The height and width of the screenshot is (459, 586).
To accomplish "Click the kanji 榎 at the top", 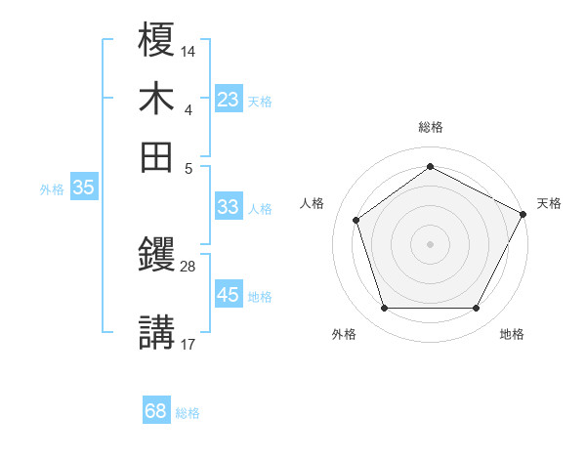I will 157,41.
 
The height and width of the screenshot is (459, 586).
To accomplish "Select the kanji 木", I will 157,99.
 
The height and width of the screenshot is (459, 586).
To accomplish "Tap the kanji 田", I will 157,156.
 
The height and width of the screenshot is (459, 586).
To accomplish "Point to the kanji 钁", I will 157,256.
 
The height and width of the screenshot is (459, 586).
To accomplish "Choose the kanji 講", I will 157,332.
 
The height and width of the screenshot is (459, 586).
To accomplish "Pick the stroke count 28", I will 188,266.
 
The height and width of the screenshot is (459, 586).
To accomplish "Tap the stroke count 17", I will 188,343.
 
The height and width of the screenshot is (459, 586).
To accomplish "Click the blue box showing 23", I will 228,100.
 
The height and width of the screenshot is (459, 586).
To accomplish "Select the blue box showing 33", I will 228,207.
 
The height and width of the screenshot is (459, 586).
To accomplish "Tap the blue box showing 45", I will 228,295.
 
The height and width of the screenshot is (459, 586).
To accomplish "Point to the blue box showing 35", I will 83,188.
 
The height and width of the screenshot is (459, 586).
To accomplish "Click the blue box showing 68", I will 155,411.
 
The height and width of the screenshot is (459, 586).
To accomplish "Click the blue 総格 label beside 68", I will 188,413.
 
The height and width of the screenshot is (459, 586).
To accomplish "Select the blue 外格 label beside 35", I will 52,189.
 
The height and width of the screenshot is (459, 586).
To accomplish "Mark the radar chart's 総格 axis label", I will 431,127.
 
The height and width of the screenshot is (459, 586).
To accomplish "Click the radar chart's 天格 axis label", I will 549,203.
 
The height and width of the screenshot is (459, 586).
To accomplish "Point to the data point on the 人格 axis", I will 356,220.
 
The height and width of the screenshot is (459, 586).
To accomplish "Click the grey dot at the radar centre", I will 430,243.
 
